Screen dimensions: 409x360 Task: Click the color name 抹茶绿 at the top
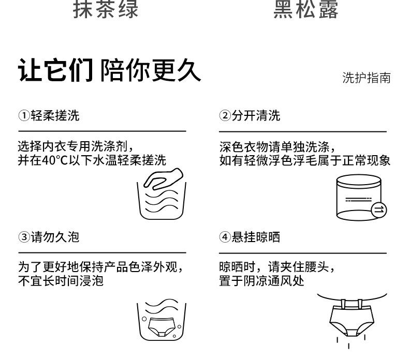click(106, 9)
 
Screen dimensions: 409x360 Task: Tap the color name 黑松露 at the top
click(306, 9)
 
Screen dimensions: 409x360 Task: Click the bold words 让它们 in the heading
click(55, 70)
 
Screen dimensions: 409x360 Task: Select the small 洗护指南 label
click(366, 78)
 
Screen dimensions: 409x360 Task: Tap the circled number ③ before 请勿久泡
click(23, 237)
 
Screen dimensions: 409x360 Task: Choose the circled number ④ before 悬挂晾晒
click(224, 237)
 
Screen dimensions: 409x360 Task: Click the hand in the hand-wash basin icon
click(163, 179)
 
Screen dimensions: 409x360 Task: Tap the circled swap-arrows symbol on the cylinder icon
click(379, 209)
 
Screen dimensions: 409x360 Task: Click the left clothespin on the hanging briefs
click(337, 304)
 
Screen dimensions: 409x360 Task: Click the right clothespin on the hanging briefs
click(360, 304)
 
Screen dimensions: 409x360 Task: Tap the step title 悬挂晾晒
click(256, 237)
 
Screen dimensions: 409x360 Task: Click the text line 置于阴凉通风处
click(261, 281)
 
